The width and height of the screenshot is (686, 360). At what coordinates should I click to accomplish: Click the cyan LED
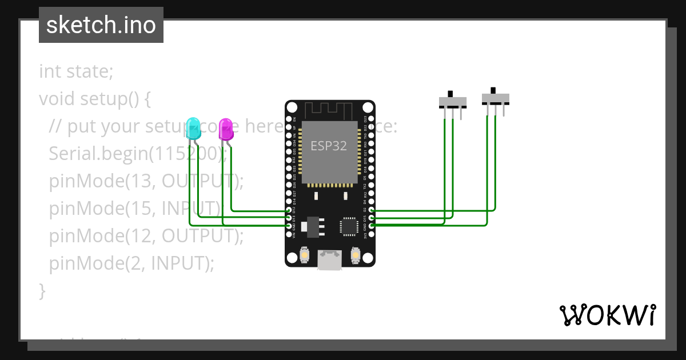(x=193, y=128)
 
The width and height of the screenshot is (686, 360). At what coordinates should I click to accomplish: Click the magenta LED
(x=226, y=129)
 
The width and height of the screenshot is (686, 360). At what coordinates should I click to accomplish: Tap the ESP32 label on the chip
(x=329, y=145)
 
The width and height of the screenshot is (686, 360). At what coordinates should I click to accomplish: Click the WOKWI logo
(x=608, y=315)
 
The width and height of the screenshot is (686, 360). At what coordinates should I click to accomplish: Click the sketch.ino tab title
(x=101, y=25)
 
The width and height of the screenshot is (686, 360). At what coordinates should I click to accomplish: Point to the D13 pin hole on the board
(x=289, y=218)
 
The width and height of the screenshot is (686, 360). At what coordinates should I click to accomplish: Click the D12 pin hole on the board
(x=289, y=211)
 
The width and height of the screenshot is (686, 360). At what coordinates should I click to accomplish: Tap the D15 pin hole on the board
(x=372, y=218)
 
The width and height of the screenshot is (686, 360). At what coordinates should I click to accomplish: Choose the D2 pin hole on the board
(x=372, y=210)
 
